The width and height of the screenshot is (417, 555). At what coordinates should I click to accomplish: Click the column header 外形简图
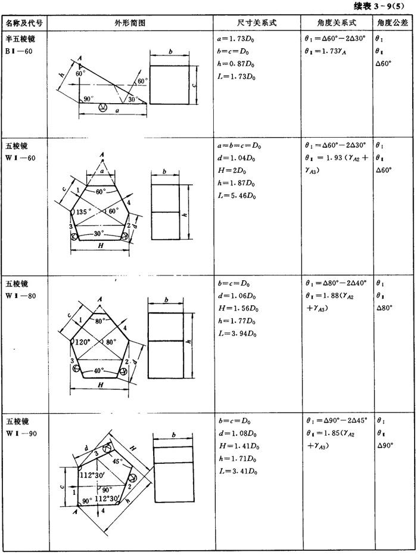pyautogui.click(x=130, y=23)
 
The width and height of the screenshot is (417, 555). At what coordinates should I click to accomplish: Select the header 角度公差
pyautogui.click(x=392, y=23)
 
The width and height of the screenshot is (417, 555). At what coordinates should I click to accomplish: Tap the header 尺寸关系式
pyautogui.click(x=257, y=23)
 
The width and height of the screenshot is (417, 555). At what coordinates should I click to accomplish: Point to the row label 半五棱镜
pyautogui.click(x=20, y=38)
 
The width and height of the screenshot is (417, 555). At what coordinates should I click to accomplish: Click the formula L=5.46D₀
pyautogui.click(x=236, y=196)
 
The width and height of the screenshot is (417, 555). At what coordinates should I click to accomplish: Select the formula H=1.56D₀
pyautogui.click(x=238, y=308)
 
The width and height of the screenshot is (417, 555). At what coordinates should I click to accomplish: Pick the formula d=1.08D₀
pyautogui.click(x=238, y=433)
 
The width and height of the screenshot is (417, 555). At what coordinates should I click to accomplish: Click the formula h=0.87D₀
pyautogui.click(x=235, y=64)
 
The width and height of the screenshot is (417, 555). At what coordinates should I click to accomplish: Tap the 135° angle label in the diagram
pyautogui.click(x=83, y=212)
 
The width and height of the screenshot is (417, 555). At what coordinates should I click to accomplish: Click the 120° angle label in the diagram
pyautogui.click(x=83, y=342)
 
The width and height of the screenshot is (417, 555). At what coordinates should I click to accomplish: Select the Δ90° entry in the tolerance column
pyautogui.click(x=385, y=445)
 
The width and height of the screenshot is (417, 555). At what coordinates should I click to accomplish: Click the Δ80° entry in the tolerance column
pyautogui.click(x=384, y=308)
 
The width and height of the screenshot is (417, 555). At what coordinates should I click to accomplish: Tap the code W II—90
pyautogui.click(x=21, y=433)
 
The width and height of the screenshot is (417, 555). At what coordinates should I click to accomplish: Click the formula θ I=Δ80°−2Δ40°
pyautogui.click(x=336, y=283)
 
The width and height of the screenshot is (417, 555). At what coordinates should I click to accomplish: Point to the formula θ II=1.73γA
pyautogui.click(x=325, y=51)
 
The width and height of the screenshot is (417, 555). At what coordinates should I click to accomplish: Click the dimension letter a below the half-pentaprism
pyautogui.click(x=117, y=110)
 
